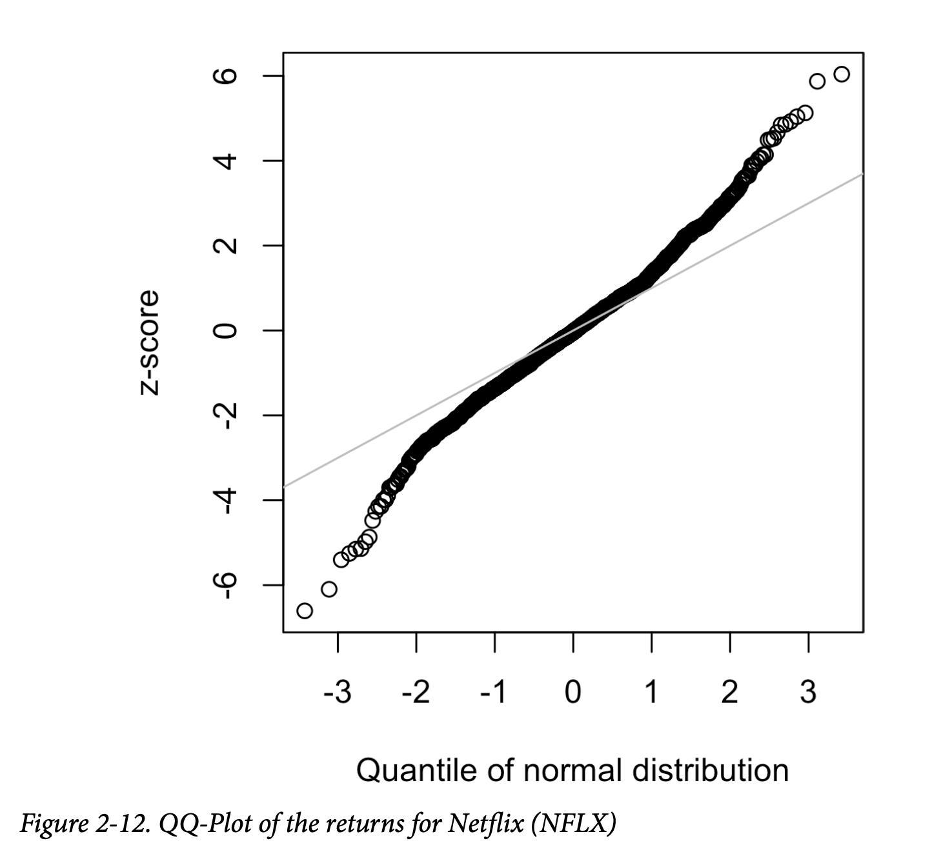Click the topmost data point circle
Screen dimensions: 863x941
[842, 74]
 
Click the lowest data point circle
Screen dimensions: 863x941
[305, 610]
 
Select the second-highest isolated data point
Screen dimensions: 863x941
[817, 81]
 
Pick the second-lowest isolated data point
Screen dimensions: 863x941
[329, 589]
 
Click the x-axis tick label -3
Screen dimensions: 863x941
[338, 693]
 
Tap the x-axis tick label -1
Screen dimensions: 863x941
[494, 693]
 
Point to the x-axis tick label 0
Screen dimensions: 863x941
[573, 693]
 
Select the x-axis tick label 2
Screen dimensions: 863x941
[730, 693]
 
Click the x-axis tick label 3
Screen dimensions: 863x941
[808, 693]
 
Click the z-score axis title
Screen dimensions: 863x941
[148, 342]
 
